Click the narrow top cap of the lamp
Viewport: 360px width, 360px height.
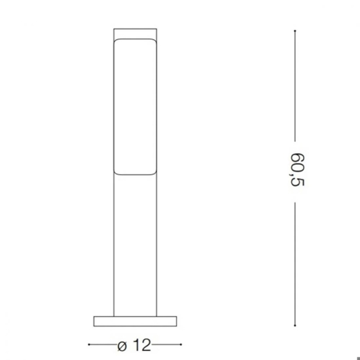coord(135,33)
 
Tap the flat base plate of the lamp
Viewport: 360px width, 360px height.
coord(135,321)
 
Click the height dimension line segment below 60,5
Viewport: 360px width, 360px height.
coord(295,262)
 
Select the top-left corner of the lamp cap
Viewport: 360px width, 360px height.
coord(115,29)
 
